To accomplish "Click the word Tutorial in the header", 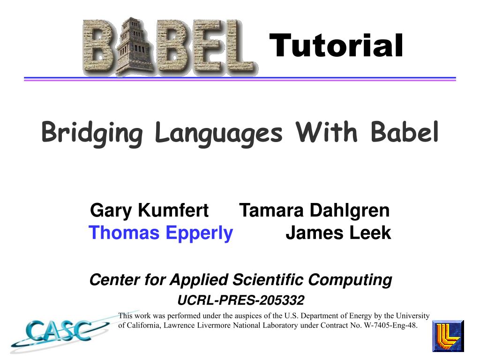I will (x=336, y=46).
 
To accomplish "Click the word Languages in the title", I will (x=219, y=133).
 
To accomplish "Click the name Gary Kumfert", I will (x=149, y=210).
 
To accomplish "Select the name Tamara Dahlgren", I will (x=314, y=210).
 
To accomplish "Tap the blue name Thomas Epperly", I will (x=161, y=232).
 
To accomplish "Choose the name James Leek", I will (x=338, y=232).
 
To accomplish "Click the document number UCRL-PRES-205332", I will (x=240, y=300).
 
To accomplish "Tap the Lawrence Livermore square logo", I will (x=448, y=336).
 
